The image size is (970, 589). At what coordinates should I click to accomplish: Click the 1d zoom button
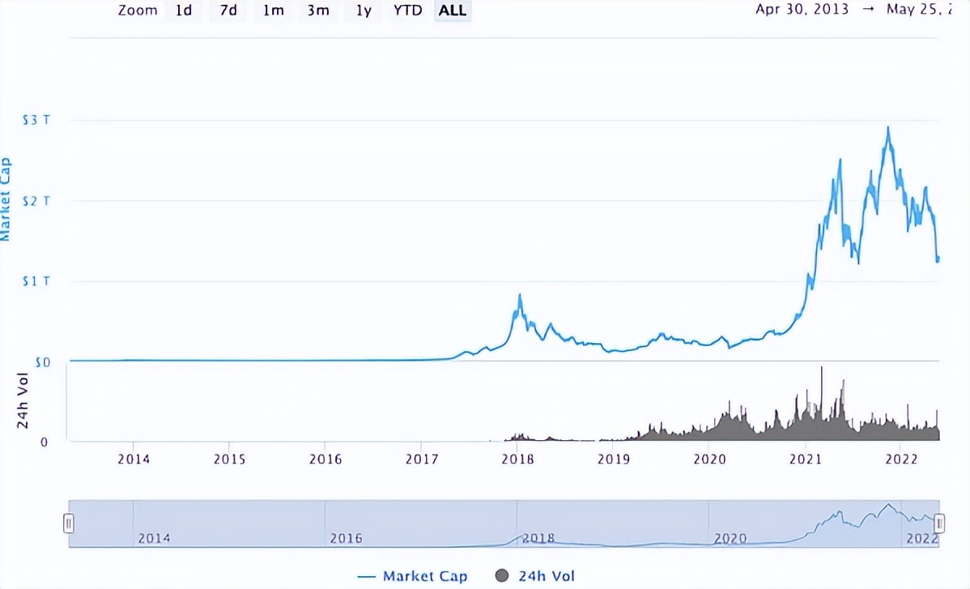click(184, 11)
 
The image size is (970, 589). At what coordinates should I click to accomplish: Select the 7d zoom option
click(228, 11)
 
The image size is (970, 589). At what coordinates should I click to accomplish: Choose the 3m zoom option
click(317, 11)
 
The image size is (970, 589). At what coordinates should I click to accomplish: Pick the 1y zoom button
click(364, 11)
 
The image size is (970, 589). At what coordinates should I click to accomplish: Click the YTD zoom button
click(407, 11)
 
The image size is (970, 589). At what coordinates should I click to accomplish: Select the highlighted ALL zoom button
click(453, 11)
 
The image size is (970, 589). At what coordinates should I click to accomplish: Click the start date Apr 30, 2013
click(802, 10)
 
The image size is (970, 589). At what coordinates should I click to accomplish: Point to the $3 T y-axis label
click(36, 120)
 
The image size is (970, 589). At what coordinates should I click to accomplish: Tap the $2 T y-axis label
click(36, 201)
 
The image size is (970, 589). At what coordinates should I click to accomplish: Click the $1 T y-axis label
click(36, 282)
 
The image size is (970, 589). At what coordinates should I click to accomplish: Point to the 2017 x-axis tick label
click(421, 460)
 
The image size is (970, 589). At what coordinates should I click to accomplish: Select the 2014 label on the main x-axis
click(134, 460)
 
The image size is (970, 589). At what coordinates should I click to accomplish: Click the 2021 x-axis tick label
click(806, 460)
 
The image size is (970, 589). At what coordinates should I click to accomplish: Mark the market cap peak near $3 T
click(888, 128)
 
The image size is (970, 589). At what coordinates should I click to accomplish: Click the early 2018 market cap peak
click(519, 295)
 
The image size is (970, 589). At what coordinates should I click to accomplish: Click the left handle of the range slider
click(69, 523)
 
